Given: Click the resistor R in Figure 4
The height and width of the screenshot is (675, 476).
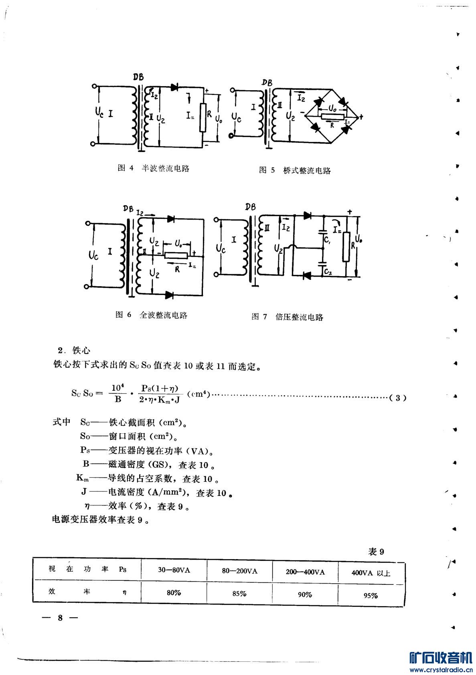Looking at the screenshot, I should click(x=203, y=117).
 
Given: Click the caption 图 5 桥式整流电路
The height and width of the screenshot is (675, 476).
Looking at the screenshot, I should click(x=295, y=170).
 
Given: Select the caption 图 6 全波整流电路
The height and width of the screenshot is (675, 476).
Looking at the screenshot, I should click(x=152, y=315).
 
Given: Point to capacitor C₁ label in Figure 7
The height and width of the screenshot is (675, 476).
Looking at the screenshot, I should click(x=328, y=241).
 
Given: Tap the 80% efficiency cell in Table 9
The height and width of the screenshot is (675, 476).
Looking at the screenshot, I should click(x=174, y=593).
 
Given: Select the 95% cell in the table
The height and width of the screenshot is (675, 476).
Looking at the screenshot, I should click(x=371, y=595).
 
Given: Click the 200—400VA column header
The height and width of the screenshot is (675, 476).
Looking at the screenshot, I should click(x=305, y=572).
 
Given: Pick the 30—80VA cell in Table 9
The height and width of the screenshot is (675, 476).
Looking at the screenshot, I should click(x=174, y=570).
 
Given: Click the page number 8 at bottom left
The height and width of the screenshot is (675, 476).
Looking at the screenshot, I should click(x=60, y=618).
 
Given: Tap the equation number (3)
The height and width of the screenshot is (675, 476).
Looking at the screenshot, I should click(x=398, y=398).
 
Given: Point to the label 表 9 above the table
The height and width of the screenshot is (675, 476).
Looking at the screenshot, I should click(x=376, y=552).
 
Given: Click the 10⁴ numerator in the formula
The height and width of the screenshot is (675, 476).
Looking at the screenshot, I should click(x=117, y=388).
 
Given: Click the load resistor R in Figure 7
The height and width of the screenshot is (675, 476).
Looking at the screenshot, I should click(x=346, y=246).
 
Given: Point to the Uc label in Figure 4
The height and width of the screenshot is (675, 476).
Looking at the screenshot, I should click(x=100, y=113).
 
